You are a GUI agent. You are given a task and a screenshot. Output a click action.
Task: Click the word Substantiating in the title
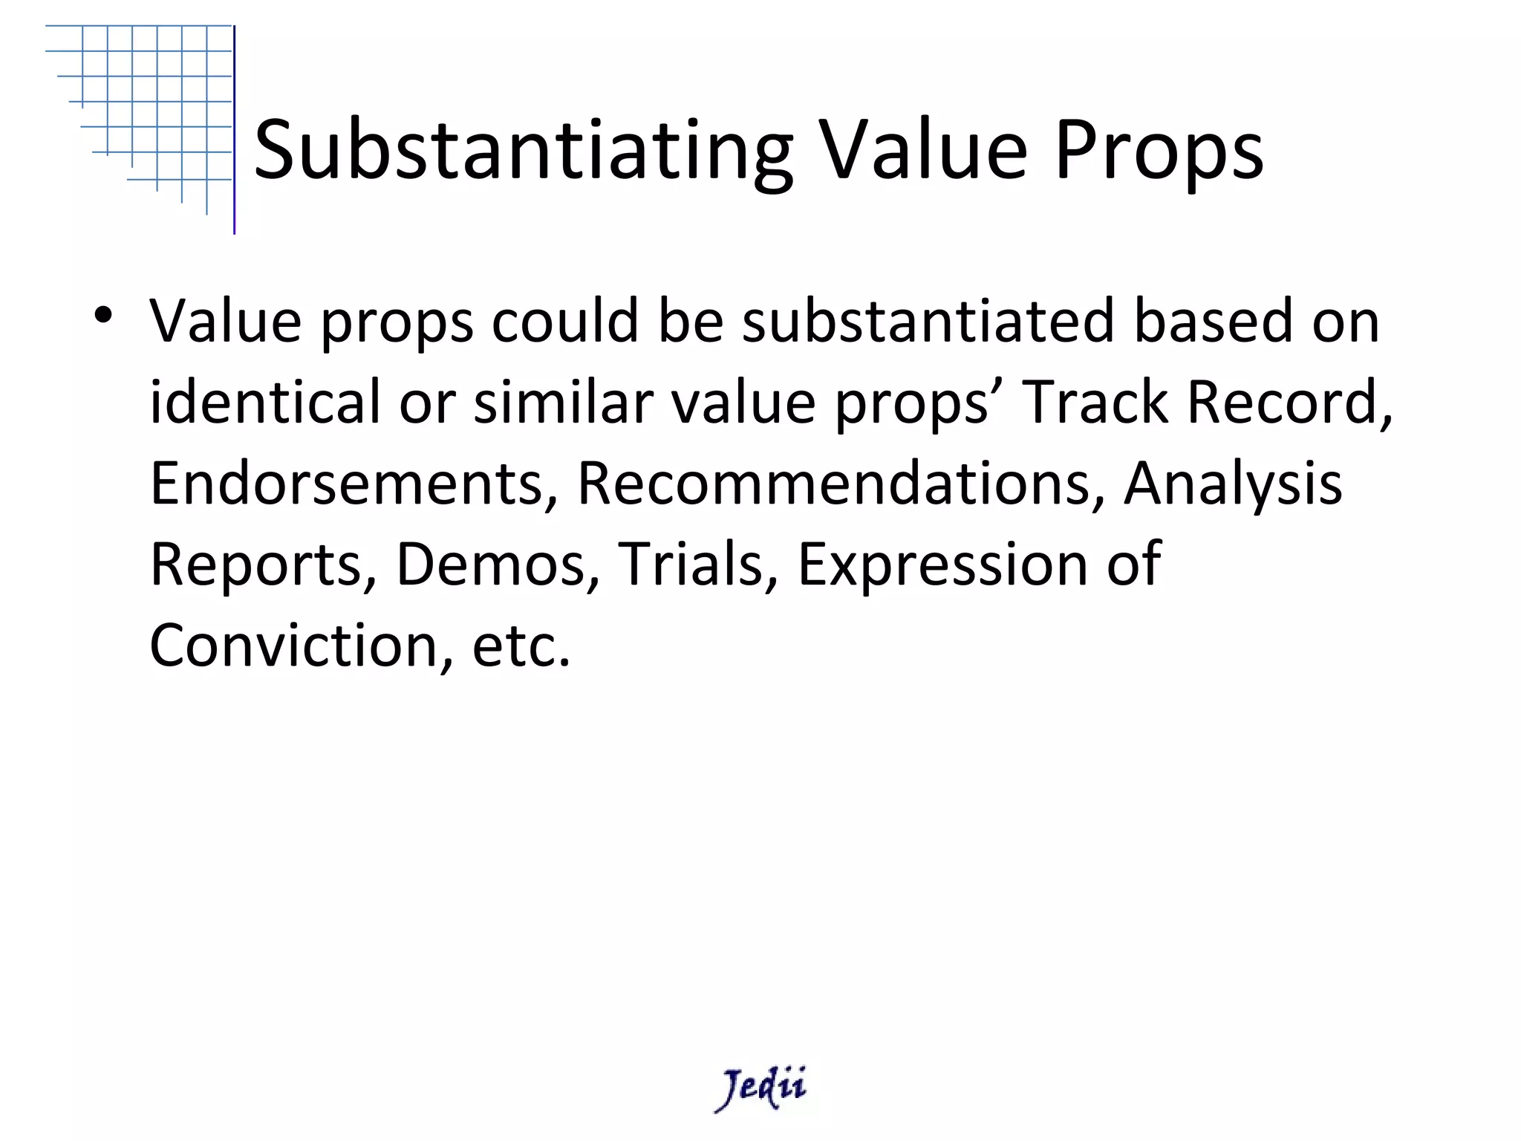tap(524, 152)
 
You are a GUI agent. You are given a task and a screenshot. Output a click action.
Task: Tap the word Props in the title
tap(1159, 152)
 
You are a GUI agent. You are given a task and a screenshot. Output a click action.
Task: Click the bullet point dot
tap(102, 315)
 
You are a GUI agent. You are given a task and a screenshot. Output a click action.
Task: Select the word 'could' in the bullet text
tap(564, 321)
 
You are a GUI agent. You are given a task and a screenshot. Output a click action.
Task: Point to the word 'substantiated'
tap(928, 321)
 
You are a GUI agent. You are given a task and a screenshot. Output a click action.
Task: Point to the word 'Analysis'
tap(1233, 483)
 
